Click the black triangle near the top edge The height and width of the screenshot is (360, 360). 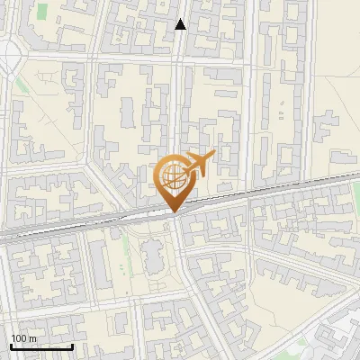click(180, 24)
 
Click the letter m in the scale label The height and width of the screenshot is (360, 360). click(32, 338)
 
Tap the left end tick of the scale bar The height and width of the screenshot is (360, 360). click(11, 346)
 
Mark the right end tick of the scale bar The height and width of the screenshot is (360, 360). click(72, 346)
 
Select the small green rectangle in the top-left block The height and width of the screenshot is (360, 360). click(42, 12)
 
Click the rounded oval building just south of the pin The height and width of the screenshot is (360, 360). click(153, 256)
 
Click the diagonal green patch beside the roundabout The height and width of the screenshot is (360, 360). click(22, 85)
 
